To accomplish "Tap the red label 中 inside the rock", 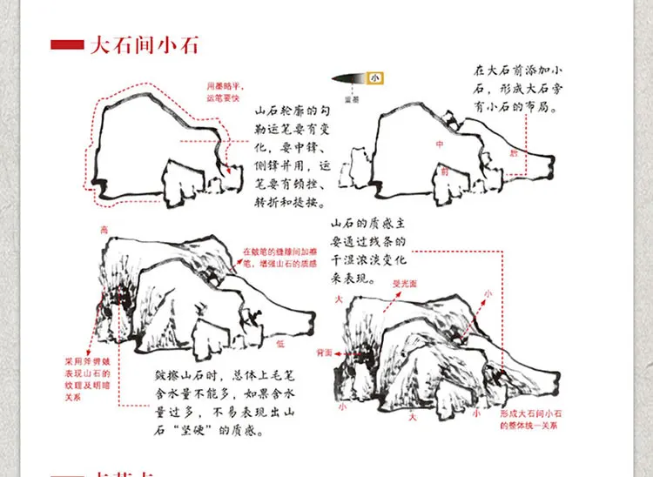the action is tap(440, 144).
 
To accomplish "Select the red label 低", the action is tap(279, 345).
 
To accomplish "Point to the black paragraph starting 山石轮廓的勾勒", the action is tap(291, 158).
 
